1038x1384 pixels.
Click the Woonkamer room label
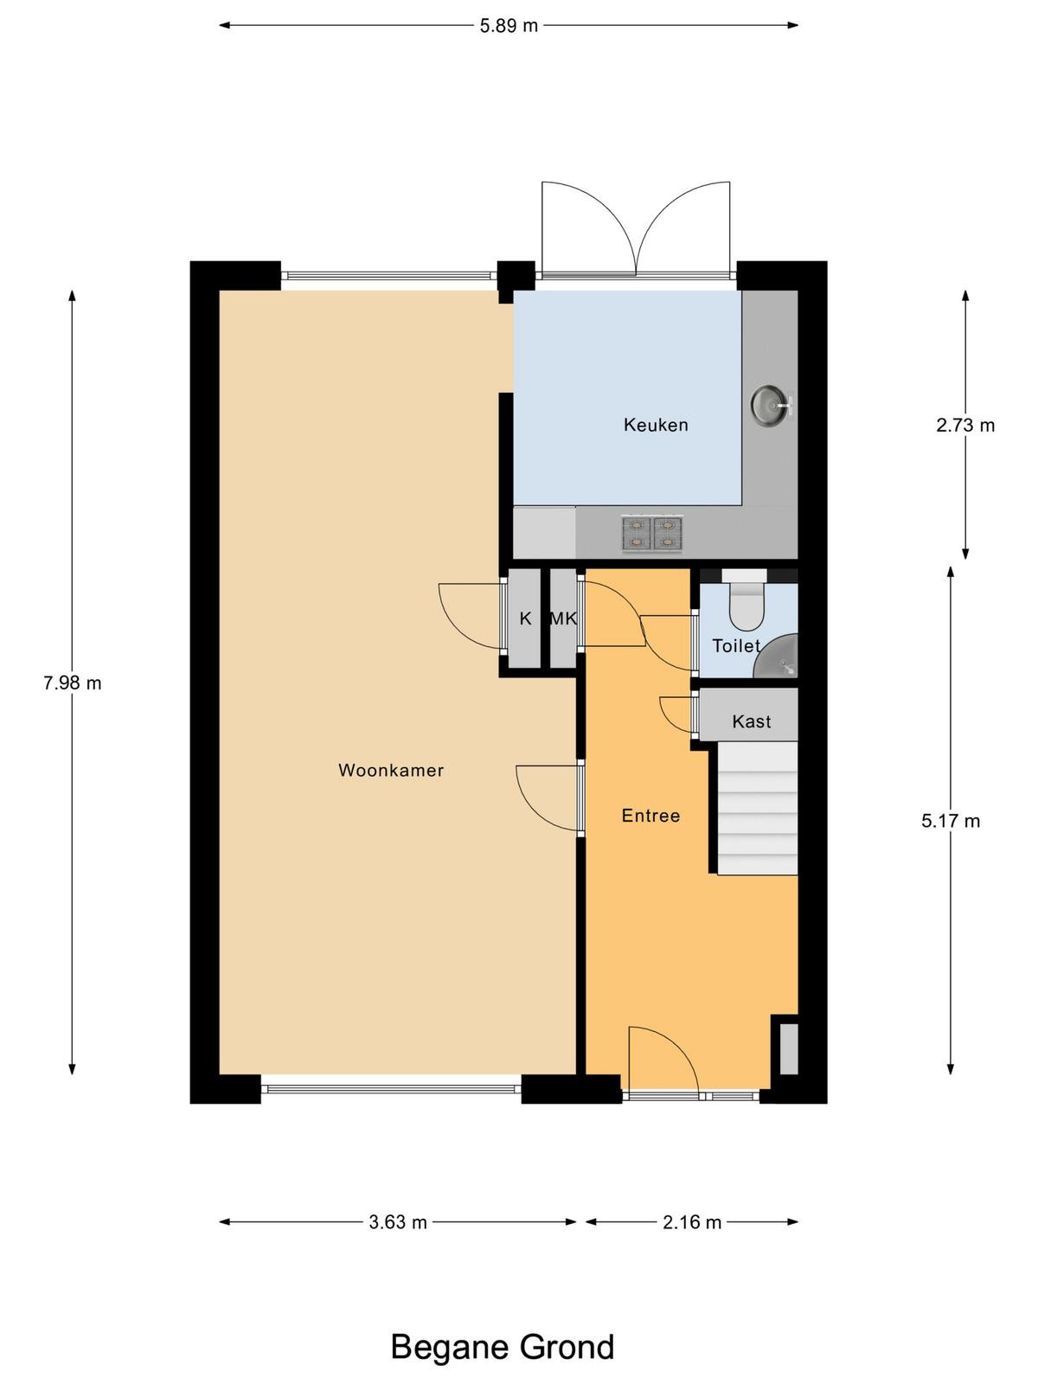[391, 770]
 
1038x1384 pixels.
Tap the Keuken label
[656, 425]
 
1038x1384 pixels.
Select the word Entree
[650, 816]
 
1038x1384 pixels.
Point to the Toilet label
[736, 645]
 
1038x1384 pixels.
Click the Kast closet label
[751, 721]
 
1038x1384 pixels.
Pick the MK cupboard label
[564, 618]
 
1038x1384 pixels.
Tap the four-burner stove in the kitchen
[652, 534]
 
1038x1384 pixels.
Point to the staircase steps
[758, 808]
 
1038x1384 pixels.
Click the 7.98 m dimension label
[73, 682]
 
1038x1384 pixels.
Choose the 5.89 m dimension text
[509, 26]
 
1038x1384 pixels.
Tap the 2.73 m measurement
[964, 426]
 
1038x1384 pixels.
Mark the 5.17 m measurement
[951, 821]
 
